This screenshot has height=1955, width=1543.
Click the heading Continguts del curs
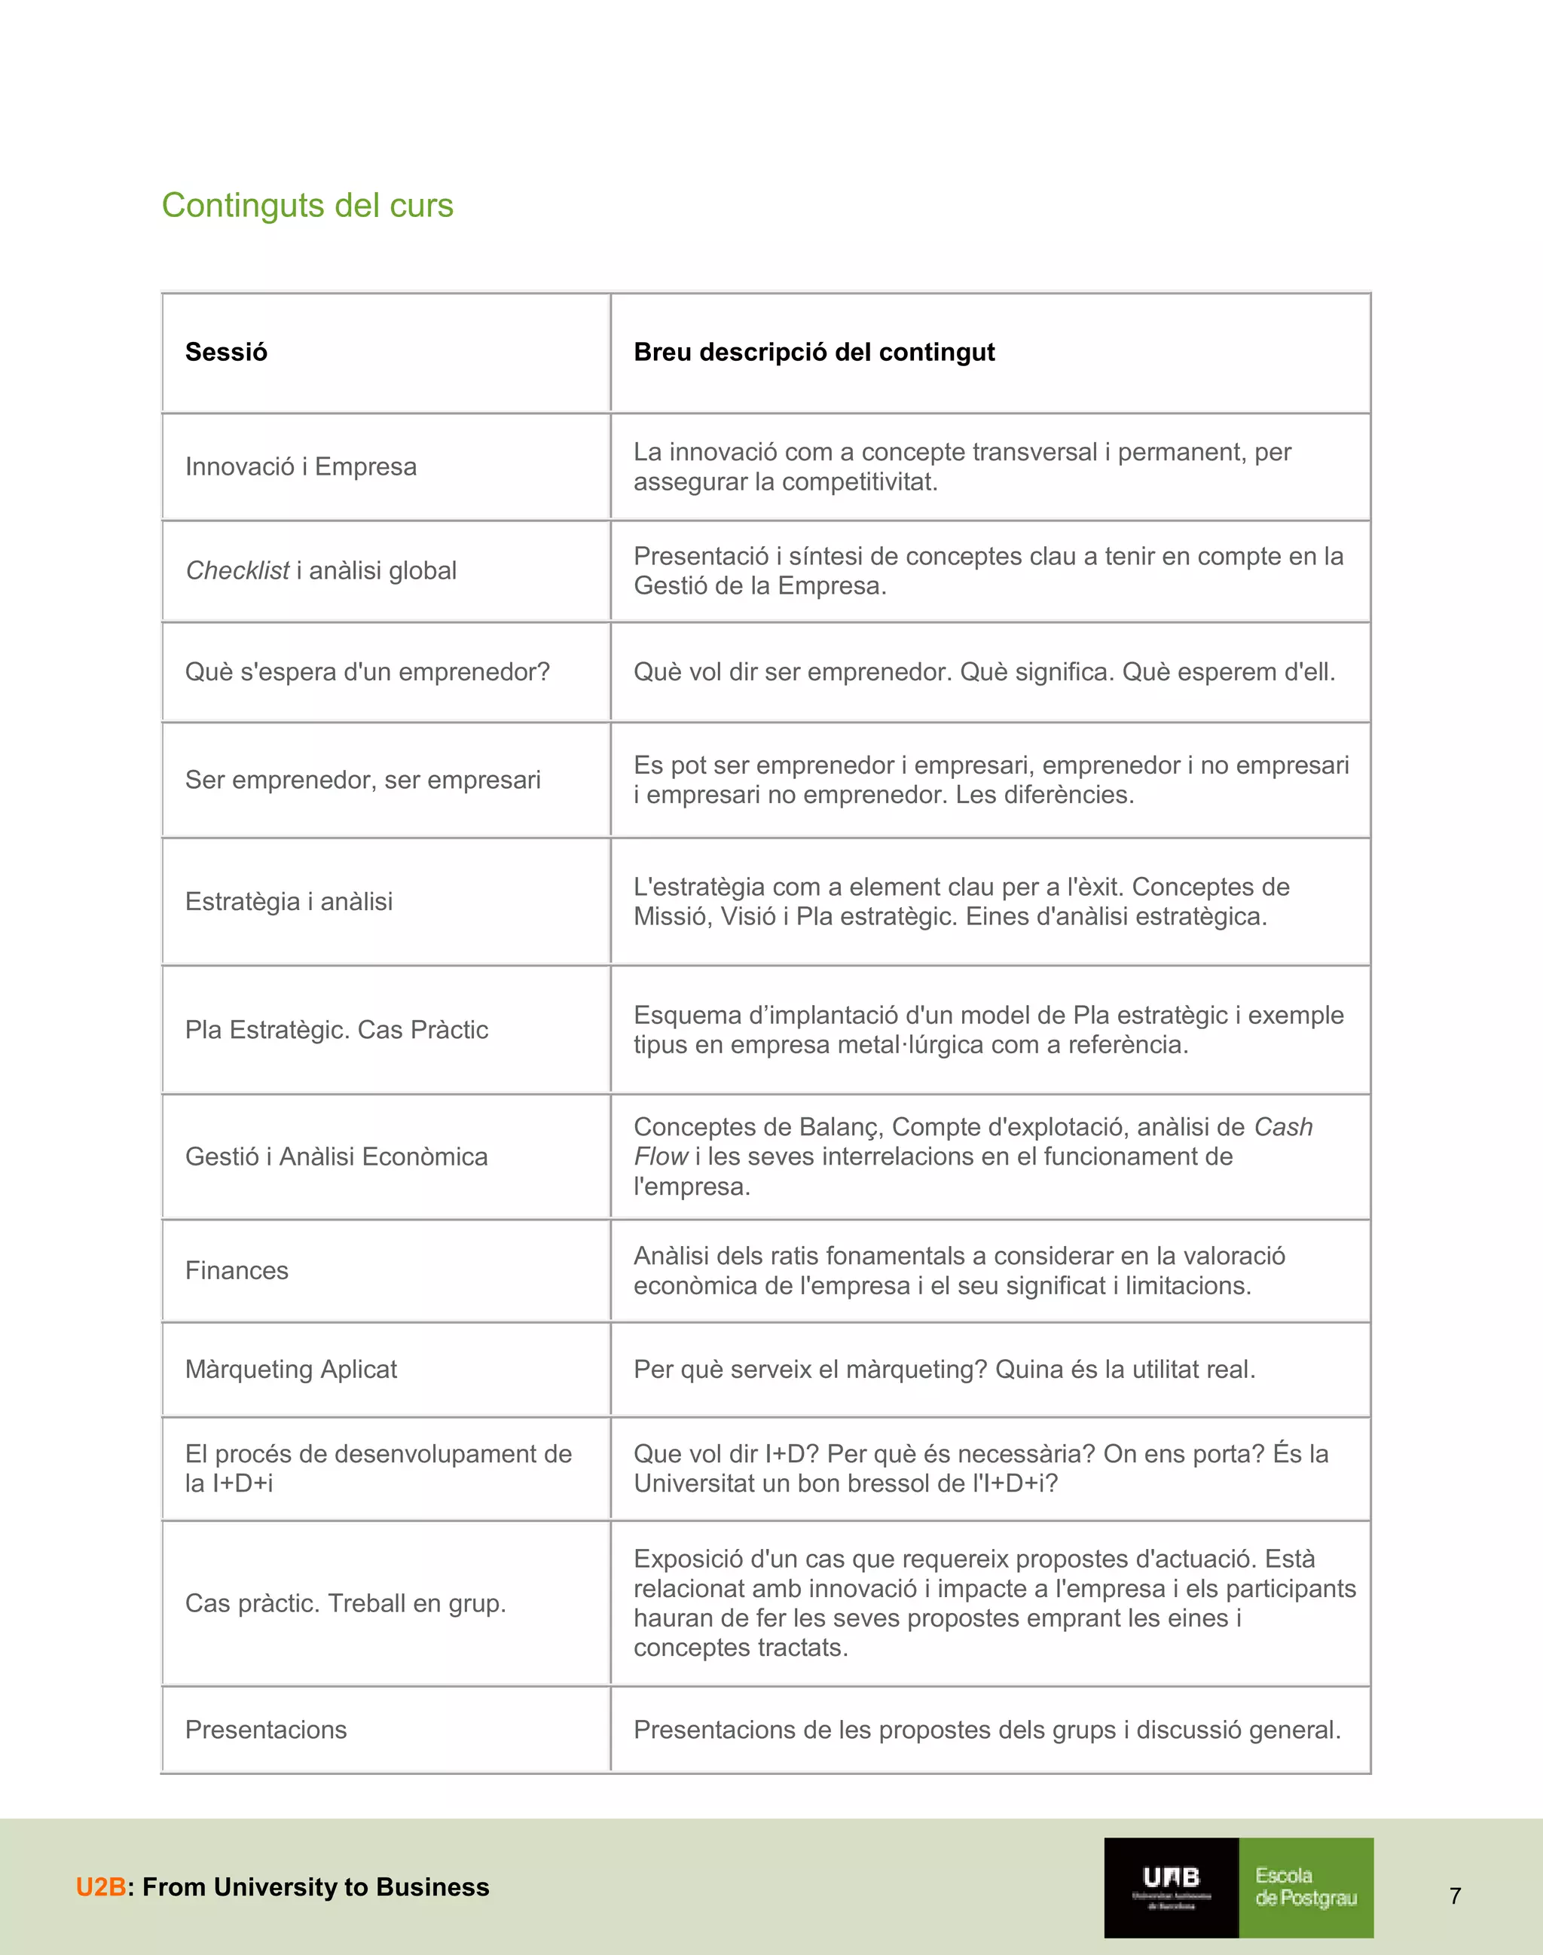pyautogui.click(x=307, y=206)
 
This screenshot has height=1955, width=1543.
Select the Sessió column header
pyautogui.click(x=226, y=353)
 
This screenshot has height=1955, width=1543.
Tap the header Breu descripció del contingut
pyautogui.click(x=813, y=353)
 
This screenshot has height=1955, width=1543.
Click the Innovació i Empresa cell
pyautogui.click(x=301, y=467)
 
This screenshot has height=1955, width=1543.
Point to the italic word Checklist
pyautogui.click(x=237, y=571)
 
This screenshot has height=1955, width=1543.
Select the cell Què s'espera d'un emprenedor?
pyautogui.click(x=367, y=672)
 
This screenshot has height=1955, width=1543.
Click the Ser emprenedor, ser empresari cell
pyautogui.click(x=362, y=780)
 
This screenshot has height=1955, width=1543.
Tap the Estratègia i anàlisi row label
pyautogui.click(x=289, y=902)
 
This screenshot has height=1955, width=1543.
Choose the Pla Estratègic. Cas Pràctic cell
pyautogui.click(x=336, y=1030)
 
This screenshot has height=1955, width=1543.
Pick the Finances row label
pyautogui.click(x=237, y=1271)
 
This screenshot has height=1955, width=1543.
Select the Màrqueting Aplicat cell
pyautogui.click(x=291, y=1370)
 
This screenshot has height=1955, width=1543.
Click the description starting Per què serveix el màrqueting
pyautogui.click(x=944, y=1370)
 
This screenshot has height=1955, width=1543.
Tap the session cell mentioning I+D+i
pyautogui.click(x=377, y=1468)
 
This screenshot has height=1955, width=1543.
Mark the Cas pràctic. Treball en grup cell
pyautogui.click(x=345, y=1604)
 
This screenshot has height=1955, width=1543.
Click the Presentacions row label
pyautogui.click(x=266, y=1730)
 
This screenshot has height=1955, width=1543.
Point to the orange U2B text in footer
pyautogui.click(x=100, y=1887)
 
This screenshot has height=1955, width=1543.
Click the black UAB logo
pyautogui.click(x=1171, y=1887)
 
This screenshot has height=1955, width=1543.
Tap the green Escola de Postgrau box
pyautogui.click(x=1306, y=1887)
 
